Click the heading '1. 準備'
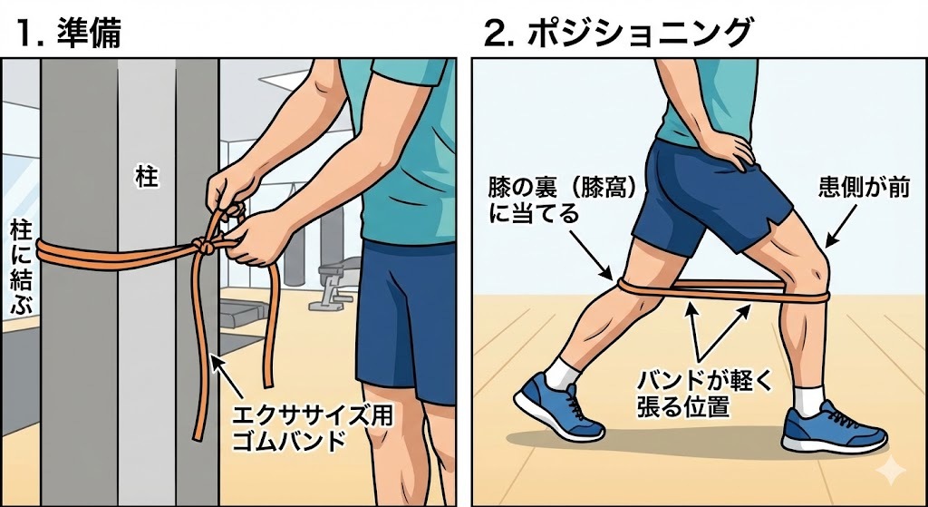69,33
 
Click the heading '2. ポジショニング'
617,33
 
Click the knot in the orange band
204,244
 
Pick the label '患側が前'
862,188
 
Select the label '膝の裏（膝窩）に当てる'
562,200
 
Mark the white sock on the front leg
808,400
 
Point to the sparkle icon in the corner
891,471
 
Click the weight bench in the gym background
334,284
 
